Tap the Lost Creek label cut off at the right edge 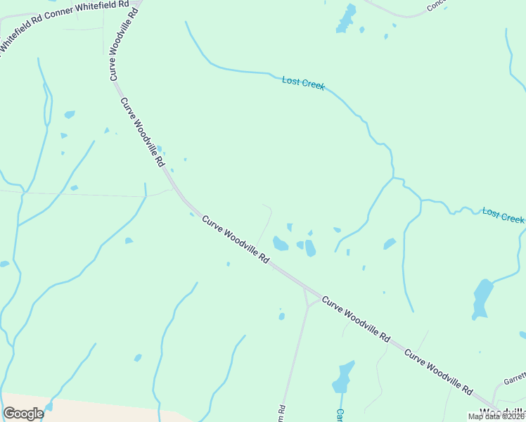pos(503,215)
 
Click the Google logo pos(23,414)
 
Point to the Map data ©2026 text pos(496,416)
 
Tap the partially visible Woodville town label pos(503,412)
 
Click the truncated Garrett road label pos(514,380)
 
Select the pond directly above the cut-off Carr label pos(343,378)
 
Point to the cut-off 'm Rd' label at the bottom pos(281,409)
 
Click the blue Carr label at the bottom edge pos(339,415)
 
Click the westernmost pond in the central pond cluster pos(280,244)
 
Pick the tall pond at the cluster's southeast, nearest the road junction pos(310,248)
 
